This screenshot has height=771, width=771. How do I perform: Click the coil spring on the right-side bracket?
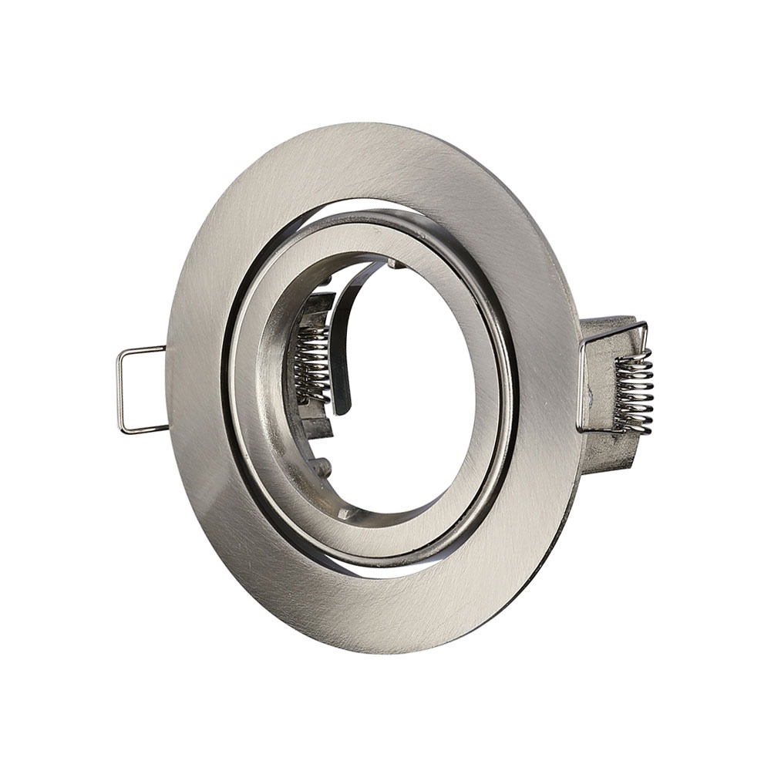coord(634,389)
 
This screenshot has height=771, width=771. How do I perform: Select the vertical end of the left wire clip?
coord(121,391)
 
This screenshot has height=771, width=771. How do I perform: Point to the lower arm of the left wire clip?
coord(145,430)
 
